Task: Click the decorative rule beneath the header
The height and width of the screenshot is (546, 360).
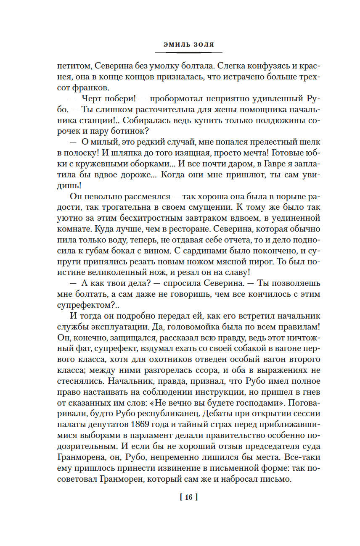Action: point(188,52)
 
